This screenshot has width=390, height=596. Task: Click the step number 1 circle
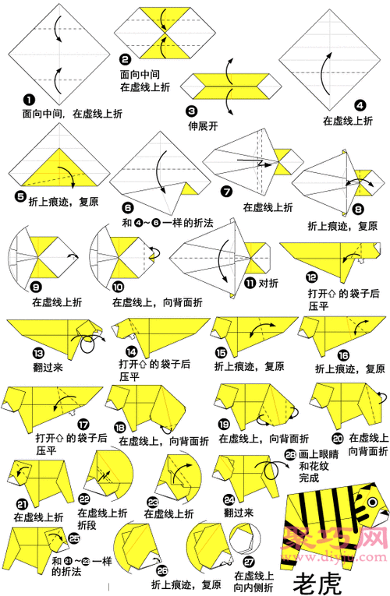[28, 100]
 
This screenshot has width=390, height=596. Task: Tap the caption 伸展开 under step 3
[202, 125]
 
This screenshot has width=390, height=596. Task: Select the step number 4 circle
[360, 104]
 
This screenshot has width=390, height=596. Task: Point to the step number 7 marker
[226, 191]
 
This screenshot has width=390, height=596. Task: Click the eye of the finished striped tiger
[372, 502]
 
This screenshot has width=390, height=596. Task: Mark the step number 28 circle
[290, 453]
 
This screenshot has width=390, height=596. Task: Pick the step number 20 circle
[337, 439]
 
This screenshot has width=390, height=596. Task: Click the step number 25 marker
[74, 537]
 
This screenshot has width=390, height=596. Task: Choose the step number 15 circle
[221, 351]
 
